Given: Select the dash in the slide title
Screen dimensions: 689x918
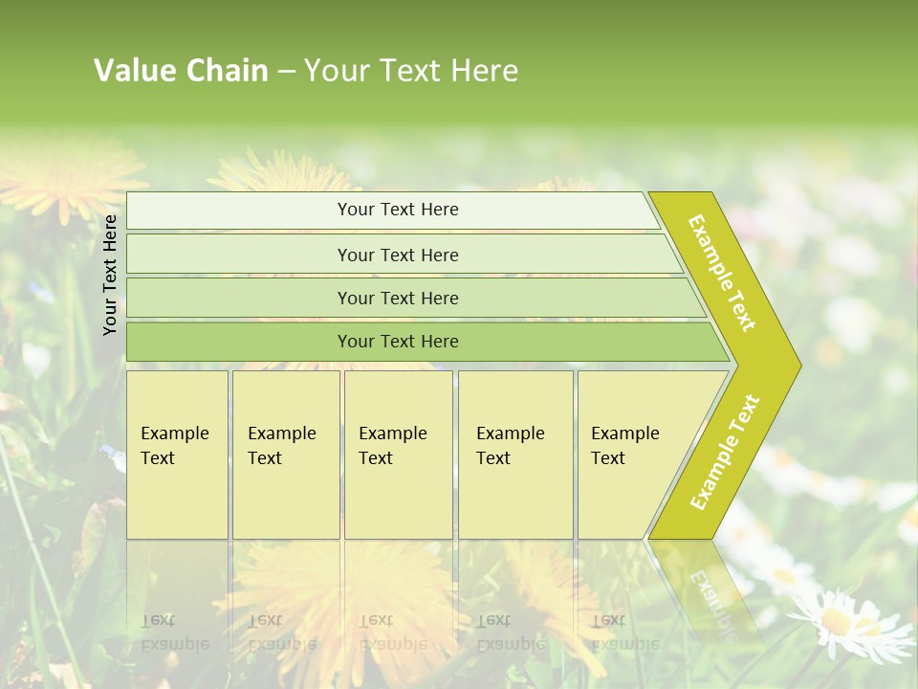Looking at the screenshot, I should tap(286, 72).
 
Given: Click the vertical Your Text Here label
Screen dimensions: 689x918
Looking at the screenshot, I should tap(110, 275).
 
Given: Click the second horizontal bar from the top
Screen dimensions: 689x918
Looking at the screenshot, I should tap(397, 255).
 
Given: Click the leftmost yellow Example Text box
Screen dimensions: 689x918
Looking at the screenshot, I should tap(177, 455).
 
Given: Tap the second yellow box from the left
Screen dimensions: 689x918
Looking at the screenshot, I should tap(285, 455).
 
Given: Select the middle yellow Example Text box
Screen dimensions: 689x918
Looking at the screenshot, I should tap(398, 455).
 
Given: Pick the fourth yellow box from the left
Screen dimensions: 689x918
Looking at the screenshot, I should tap(514, 455).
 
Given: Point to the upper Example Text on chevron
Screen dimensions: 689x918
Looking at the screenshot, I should tap(722, 273).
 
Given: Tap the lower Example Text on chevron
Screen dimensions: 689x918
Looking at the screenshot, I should tap(725, 452).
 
